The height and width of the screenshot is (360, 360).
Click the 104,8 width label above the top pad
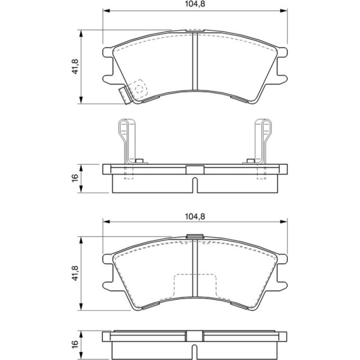tap(195, 4)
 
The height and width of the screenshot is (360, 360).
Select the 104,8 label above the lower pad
tap(195, 216)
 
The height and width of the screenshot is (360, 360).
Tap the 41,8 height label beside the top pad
tap(75, 67)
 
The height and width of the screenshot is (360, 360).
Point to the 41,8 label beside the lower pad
tap(75, 273)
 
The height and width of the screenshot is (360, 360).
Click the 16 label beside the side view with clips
tap(75, 178)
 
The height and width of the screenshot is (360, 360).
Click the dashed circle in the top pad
tap(139, 89)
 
